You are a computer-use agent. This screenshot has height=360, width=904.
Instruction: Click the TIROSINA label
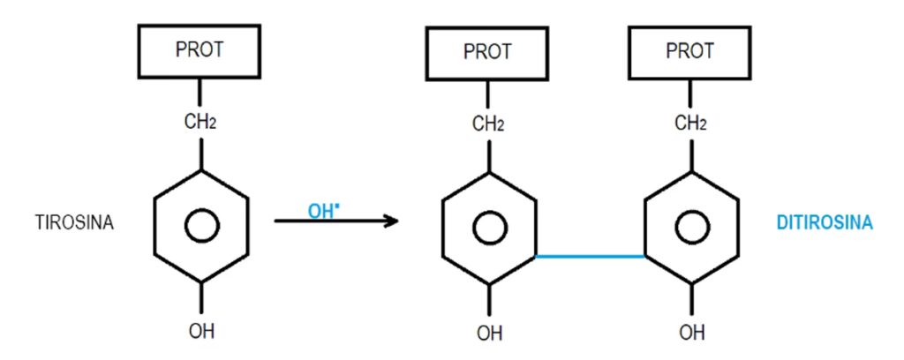pos(75,223)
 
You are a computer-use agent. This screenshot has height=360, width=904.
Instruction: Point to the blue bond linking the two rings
pos(589,257)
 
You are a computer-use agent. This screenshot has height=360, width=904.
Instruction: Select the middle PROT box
pos(486,52)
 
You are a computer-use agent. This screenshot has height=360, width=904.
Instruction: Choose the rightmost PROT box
pos(689,52)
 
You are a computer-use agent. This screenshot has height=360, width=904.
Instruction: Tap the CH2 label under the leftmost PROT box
pos(200,122)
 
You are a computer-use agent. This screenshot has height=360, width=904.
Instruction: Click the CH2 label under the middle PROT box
pos(487,124)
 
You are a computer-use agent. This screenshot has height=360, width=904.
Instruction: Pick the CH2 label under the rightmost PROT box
pos(690,124)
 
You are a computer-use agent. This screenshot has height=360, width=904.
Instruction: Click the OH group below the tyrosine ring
pos(201,332)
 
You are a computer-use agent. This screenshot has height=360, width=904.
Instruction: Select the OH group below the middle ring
pos(488,334)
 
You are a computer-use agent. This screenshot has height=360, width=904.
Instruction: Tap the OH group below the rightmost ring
pos(691,334)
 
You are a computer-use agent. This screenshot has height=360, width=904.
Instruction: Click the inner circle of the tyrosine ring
pos(200,227)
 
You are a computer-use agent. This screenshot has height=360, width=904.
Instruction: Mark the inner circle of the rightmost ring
pos(690,229)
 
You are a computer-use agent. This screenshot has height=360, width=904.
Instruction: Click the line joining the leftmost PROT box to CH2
pos(200,93)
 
